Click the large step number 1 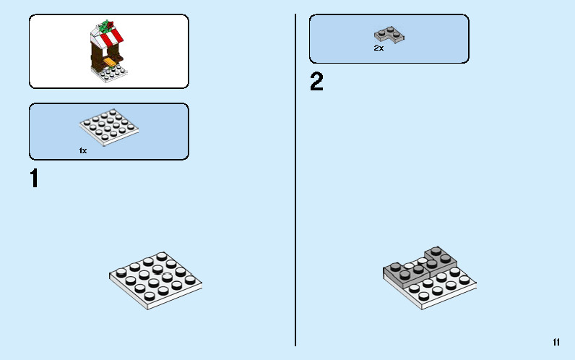pos(34,179)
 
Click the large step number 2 pos(316,82)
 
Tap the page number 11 pos(555,342)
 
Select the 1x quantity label pos(83,150)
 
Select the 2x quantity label pos(379,48)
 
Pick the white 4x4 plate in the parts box pos(108,127)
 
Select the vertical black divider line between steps pos(295,181)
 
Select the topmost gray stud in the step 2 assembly pos(437,249)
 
